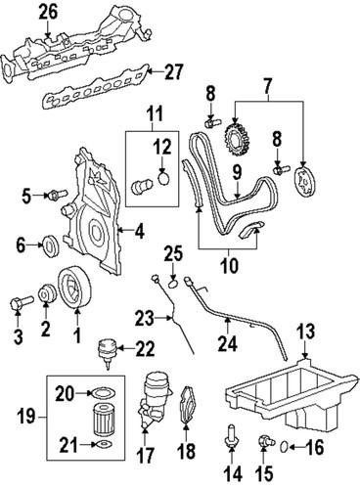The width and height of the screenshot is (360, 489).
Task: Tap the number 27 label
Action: click(173, 70)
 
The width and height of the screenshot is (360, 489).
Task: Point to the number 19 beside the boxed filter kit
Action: click(27, 416)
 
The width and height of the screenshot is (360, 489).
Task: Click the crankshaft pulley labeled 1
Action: click(73, 290)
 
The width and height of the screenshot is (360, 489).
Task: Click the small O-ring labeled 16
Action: click(284, 448)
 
